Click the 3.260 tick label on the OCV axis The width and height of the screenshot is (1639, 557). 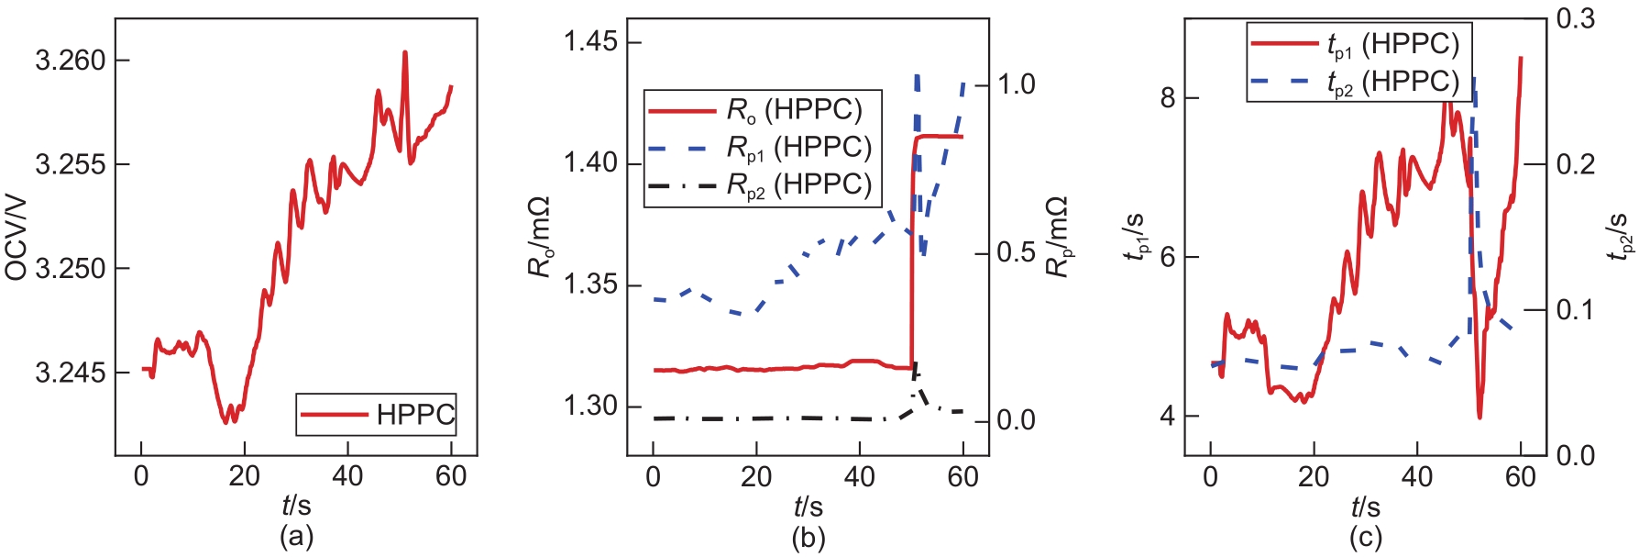tap(71, 61)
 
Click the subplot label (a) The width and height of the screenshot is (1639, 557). tap(296, 537)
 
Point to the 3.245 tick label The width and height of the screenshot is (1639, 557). tap(71, 373)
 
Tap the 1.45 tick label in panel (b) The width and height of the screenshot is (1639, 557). tap(590, 43)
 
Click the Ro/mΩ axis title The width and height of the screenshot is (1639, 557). tap(539, 236)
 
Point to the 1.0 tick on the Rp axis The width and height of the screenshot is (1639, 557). tap(1016, 84)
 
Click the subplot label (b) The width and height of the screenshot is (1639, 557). tap(808, 537)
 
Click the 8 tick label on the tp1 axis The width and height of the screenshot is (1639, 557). tap(1167, 98)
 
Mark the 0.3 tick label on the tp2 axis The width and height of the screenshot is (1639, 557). tap(1575, 18)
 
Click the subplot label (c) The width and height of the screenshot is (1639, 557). tap(1365, 537)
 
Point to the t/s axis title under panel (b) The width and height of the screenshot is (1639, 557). tap(808, 506)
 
